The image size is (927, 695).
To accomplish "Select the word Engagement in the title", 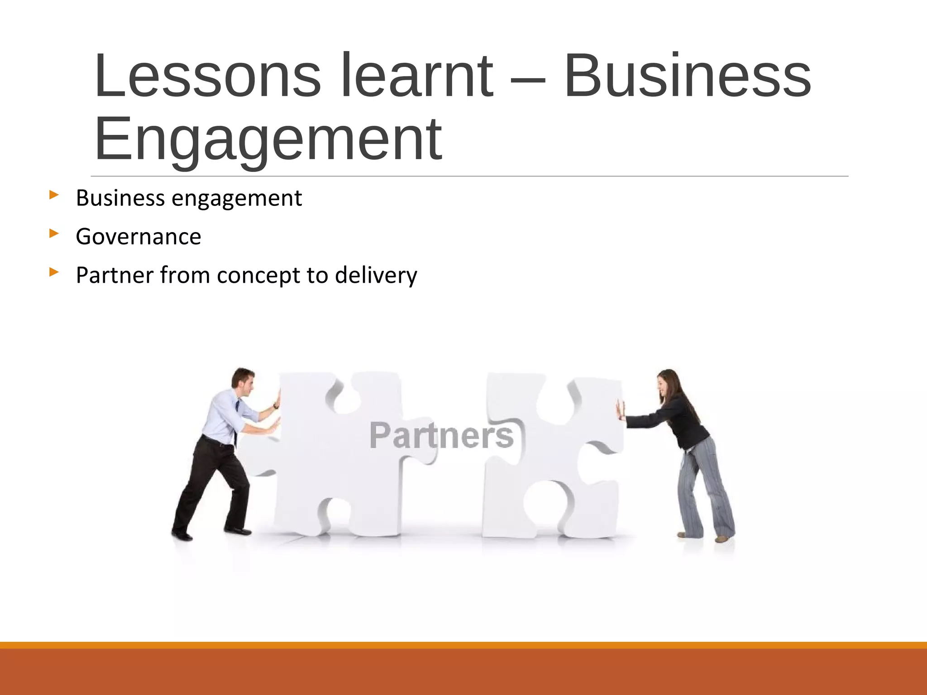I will [268, 139].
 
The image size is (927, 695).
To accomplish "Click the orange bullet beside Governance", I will [54, 234].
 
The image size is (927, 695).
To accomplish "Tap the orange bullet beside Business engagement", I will [54, 195].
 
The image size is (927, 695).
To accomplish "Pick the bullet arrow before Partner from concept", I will [54, 272].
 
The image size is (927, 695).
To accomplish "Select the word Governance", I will [139, 237].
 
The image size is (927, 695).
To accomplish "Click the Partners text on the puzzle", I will [441, 435].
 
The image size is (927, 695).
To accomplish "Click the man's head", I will [243, 381].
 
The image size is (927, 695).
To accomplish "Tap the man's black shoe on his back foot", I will [182, 535].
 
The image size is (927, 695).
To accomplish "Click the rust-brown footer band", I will [463, 672].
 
